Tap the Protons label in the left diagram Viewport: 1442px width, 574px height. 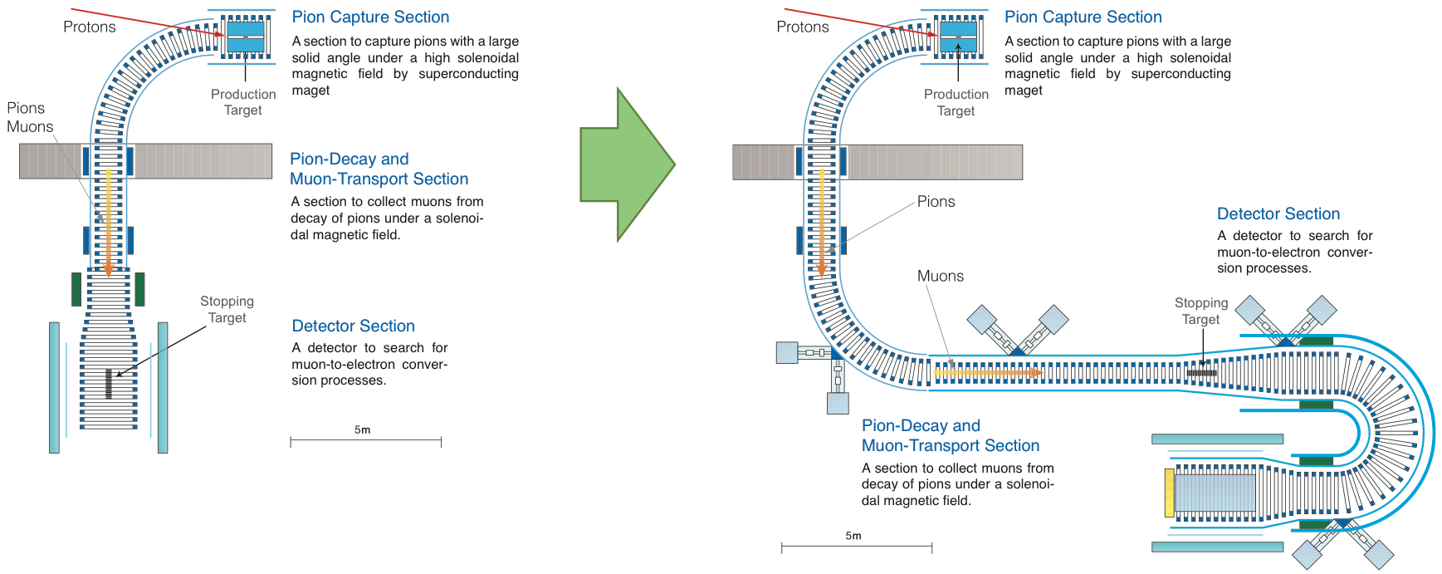click(x=90, y=27)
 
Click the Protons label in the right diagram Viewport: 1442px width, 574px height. click(x=802, y=27)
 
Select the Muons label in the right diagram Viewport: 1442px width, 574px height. click(x=941, y=276)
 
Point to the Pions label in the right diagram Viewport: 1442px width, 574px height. click(x=936, y=201)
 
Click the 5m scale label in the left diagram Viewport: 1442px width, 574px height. click(x=362, y=429)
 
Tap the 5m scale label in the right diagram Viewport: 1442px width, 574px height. click(x=853, y=536)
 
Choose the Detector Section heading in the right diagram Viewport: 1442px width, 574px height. click(x=1278, y=213)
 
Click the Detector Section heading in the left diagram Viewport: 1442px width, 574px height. click(x=353, y=326)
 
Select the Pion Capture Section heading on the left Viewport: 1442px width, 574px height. click(x=370, y=17)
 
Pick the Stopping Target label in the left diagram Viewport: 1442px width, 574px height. click(x=227, y=309)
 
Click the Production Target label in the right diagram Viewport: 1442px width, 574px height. click(x=956, y=102)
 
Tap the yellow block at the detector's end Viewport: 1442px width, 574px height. click(x=1169, y=493)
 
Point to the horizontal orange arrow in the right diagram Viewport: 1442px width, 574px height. click(x=988, y=373)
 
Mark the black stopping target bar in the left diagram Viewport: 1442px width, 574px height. click(x=109, y=383)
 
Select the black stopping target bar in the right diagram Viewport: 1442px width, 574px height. click(x=1201, y=373)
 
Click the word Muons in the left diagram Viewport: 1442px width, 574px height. click(x=30, y=126)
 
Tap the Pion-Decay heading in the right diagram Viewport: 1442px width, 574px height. click(x=920, y=425)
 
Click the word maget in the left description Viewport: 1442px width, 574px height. click(x=310, y=90)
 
